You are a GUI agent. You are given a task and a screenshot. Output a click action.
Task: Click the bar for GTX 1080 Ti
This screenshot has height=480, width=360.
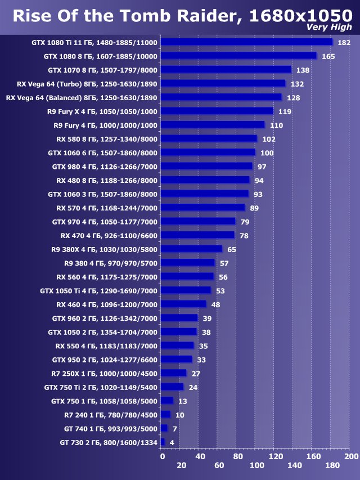246,42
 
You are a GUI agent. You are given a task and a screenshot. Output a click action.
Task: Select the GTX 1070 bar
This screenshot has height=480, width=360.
226,70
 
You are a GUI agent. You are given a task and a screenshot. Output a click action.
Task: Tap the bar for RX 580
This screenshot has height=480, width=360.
209,139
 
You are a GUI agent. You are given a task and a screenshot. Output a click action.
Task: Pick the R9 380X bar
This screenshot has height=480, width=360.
191,249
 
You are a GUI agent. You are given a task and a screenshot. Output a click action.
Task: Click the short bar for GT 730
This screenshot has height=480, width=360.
163,442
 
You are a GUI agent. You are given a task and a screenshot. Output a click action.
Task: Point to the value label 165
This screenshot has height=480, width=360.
328,56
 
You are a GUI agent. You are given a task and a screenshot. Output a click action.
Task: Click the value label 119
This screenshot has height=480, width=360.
285,111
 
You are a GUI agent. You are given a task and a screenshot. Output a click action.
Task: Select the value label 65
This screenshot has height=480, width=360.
232,249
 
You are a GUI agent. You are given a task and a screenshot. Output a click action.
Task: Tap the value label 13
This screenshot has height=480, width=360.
183,401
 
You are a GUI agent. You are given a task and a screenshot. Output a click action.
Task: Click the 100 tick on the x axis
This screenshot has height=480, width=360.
256,465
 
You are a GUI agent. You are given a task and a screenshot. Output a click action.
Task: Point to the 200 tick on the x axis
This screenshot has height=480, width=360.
351,455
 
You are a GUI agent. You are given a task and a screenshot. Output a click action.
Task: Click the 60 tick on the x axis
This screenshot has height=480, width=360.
219,465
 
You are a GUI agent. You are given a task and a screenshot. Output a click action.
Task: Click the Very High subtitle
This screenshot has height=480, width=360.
329,27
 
